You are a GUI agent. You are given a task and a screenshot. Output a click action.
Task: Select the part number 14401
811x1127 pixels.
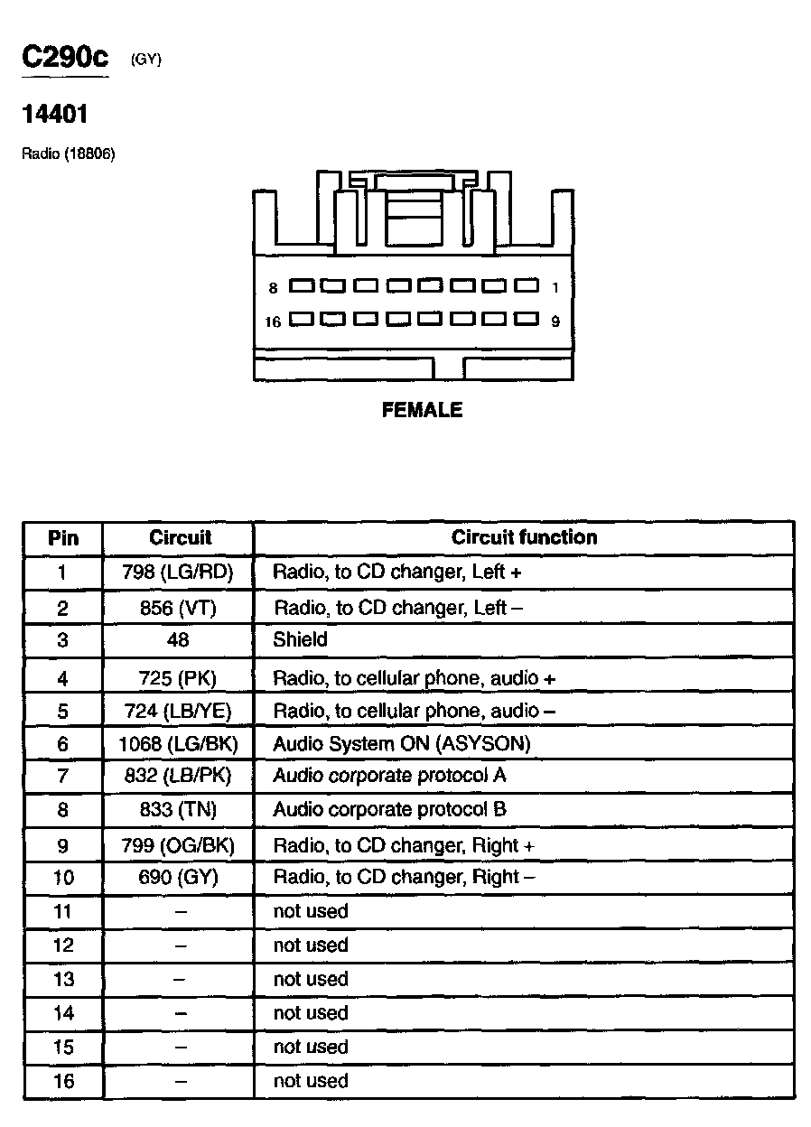pos(54,115)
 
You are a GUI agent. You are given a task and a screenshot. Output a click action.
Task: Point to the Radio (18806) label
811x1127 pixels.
pos(69,154)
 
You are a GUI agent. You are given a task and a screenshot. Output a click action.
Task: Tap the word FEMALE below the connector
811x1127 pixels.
pos(422,410)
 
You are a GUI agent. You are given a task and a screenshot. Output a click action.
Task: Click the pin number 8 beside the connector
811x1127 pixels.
pos(273,288)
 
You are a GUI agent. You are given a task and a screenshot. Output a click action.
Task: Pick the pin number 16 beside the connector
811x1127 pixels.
pos(273,321)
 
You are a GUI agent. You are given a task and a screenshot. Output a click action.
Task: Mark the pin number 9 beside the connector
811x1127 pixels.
pos(555,321)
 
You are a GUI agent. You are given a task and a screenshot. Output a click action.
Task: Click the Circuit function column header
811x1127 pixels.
pos(524,537)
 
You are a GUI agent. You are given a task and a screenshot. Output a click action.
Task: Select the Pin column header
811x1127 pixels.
pos(62,538)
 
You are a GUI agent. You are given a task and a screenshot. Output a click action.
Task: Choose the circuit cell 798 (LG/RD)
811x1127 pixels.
pos(178,572)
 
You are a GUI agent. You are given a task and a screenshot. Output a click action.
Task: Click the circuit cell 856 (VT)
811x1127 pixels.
pos(178,608)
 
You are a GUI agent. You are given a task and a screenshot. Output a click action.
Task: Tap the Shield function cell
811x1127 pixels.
pos(300,640)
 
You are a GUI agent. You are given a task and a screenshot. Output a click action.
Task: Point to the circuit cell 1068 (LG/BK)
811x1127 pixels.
pos(178,743)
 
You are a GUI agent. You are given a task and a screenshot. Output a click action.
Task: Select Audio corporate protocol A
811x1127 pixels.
pos(389,775)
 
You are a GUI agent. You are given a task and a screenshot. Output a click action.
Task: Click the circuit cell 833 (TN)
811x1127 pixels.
pos(178,809)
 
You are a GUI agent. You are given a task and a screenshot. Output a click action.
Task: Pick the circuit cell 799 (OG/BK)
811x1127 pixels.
pos(178,845)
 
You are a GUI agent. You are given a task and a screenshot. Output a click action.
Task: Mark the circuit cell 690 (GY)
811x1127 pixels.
pos(178,877)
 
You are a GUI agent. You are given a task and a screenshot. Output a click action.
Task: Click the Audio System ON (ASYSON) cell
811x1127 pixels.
pos(401,743)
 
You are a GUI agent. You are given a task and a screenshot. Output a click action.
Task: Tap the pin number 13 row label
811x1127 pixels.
pos(62,979)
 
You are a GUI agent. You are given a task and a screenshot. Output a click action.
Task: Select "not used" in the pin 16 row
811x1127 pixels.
pos(310,1080)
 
